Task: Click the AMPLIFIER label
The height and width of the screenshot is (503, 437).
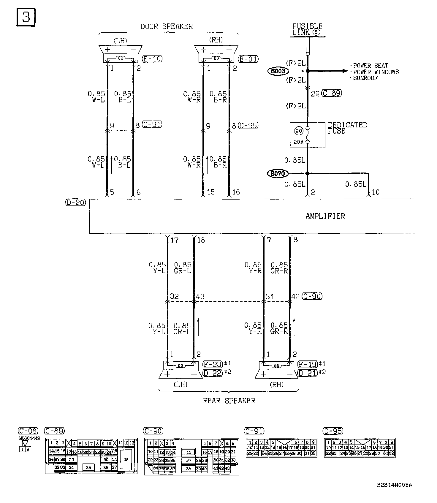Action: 325,216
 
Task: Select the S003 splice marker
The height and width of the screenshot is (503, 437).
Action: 278,71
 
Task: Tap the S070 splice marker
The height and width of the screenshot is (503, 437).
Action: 278,173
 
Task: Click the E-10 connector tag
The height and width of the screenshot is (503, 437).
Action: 152,59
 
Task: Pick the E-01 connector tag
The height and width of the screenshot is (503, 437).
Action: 248,59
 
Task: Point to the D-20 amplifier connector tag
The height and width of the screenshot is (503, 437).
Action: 75,203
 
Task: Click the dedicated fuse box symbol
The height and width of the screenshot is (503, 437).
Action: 307,135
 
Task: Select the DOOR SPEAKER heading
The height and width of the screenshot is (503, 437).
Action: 167,26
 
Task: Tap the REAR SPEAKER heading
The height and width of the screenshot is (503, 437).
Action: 229,401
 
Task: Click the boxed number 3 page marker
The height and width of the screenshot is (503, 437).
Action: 26,17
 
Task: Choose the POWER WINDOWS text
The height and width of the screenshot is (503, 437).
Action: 376,72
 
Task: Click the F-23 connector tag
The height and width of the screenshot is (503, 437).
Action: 213,364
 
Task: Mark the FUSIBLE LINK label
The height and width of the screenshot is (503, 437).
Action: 307,29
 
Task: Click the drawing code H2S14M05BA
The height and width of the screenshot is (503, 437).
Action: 394,485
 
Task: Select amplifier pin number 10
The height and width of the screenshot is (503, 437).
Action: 376,192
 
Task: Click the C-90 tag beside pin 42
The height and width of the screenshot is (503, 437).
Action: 312,296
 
